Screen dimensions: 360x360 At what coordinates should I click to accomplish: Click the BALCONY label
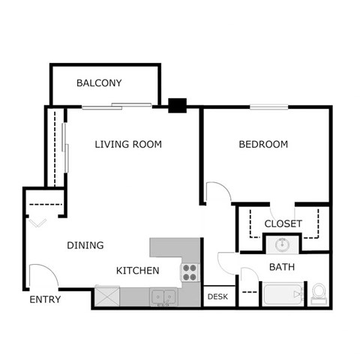(x=99, y=83)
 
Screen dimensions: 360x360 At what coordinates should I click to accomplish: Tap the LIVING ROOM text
(x=128, y=144)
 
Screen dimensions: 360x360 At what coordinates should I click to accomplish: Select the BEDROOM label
(x=263, y=144)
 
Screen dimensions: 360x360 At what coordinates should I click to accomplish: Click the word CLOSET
(x=283, y=223)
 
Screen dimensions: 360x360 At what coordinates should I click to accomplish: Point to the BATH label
(x=282, y=266)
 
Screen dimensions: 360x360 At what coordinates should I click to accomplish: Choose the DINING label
(x=85, y=245)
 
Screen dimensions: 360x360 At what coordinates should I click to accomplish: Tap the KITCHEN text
(x=137, y=270)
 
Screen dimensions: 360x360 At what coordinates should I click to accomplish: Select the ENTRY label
(x=45, y=300)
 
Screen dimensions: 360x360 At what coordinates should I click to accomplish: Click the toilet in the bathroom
(x=318, y=292)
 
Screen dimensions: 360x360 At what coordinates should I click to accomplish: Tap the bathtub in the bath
(x=282, y=294)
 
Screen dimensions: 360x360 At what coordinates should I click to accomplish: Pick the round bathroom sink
(x=282, y=244)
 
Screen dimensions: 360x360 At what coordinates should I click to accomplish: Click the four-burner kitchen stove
(x=190, y=271)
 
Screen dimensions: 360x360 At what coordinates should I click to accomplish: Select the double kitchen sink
(x=163, y=297)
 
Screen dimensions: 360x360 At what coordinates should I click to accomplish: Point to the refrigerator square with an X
(x=106, y=297)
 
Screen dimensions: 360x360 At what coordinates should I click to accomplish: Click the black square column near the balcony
(x=177, y=106)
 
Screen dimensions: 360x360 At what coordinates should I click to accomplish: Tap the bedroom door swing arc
(x=217, y=191)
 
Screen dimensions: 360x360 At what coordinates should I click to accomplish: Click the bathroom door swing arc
(x=227, y=261)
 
